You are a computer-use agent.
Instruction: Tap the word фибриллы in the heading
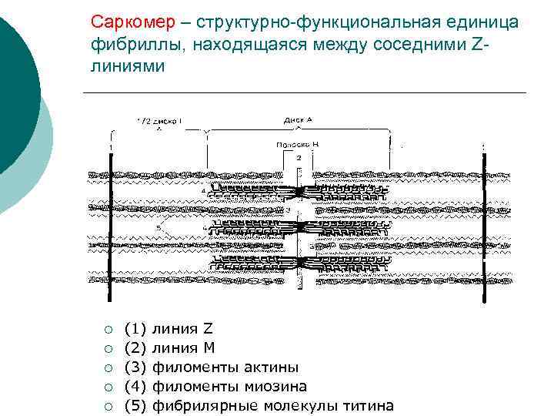tap(132, 43)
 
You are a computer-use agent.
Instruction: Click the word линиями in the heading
tap(127, 65)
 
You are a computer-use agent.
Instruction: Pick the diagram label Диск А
tap(298, 119)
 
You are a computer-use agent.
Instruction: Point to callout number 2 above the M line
tap(299, 157)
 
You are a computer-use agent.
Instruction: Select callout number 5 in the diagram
tap(159, 228)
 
